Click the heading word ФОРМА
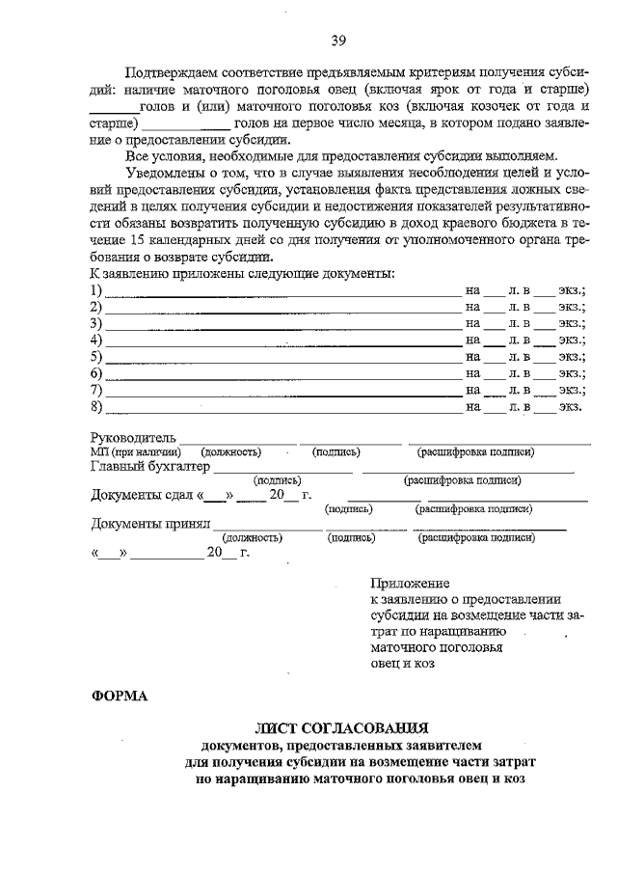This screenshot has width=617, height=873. click(x=120, y=696)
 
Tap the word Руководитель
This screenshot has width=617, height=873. click(x=133, y=439)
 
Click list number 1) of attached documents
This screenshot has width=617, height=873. click(x=96, y=289)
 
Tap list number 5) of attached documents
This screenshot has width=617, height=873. click(x=96, y=356)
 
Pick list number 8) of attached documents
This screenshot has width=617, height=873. click(x=96, y=406)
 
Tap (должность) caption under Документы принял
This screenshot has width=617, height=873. click(x=252, y=538)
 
